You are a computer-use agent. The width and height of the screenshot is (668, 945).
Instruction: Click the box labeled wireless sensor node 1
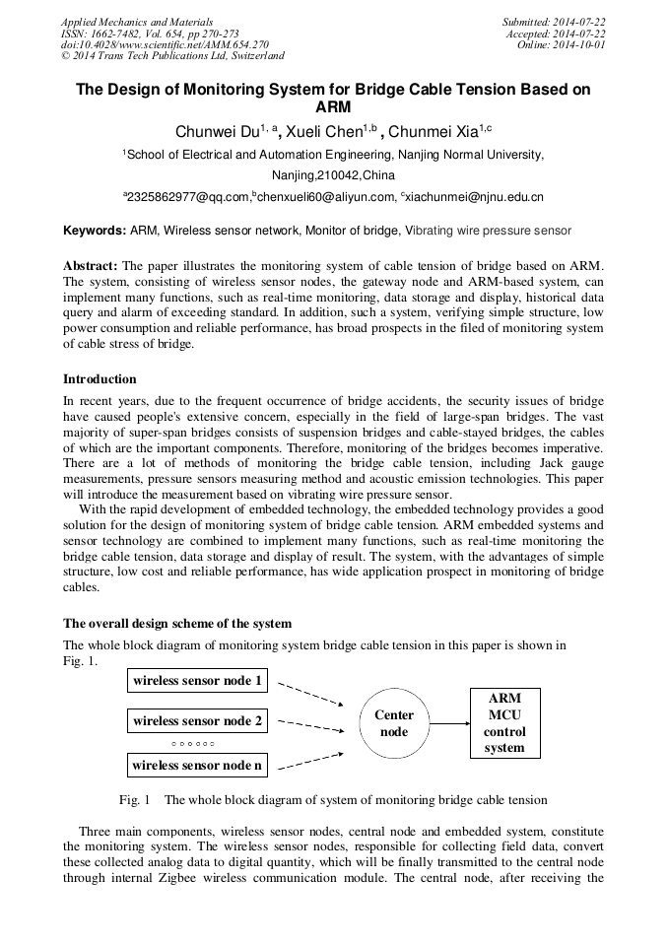[x=198, y=680]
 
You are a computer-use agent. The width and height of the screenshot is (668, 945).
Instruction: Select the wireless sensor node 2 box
[x=198, y=721]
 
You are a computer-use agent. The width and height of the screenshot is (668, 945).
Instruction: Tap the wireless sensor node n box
[x=198, y=765]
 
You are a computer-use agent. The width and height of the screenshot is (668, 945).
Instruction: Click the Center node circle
[x=394, y=723]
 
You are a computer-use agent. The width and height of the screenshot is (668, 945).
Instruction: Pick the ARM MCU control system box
[x=504, y=723]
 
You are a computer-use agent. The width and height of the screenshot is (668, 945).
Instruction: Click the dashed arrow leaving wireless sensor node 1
[x=309, y=693]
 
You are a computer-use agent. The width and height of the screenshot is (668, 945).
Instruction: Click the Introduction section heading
[x=100, y=379]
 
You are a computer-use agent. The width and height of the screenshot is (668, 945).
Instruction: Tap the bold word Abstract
[x=91, y=266]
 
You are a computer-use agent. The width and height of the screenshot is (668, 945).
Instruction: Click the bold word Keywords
[x=95, y=231]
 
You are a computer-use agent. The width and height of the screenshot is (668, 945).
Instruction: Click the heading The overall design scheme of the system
[x=177, y=624]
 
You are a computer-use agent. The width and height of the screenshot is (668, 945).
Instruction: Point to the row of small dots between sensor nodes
[x=193, y=743]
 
